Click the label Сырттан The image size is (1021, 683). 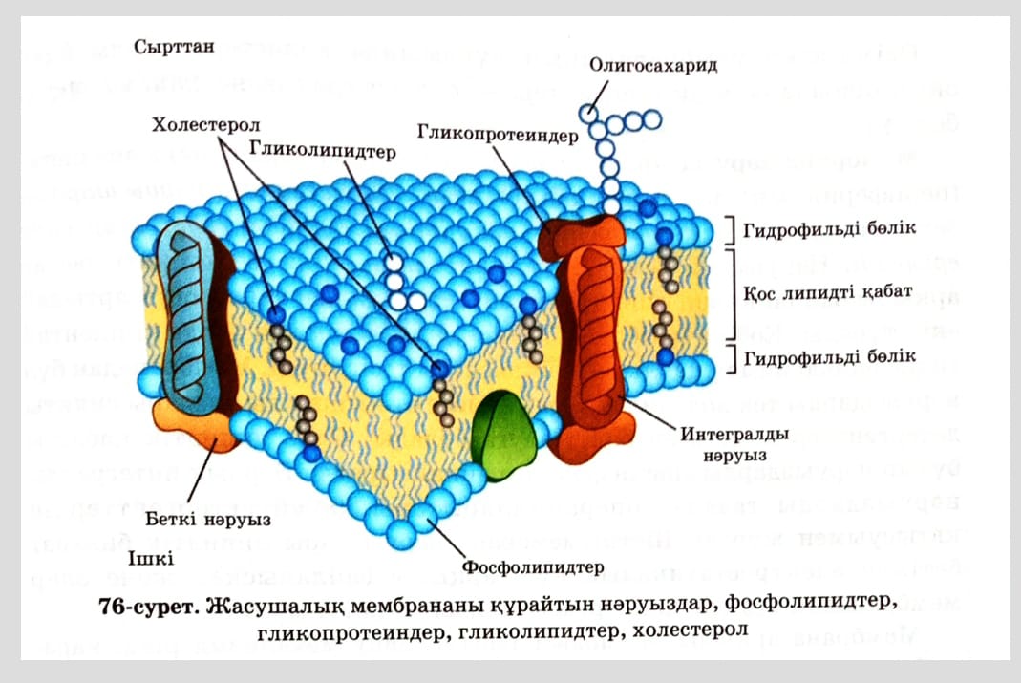pyautogui.click(x=173, y=46)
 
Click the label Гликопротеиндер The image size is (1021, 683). pyautogui.click(x=497, y=135)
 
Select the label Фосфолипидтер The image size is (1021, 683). pyautogui.click(x=533, y=568)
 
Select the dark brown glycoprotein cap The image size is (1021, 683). pyautogui.click(x=581, y=235)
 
